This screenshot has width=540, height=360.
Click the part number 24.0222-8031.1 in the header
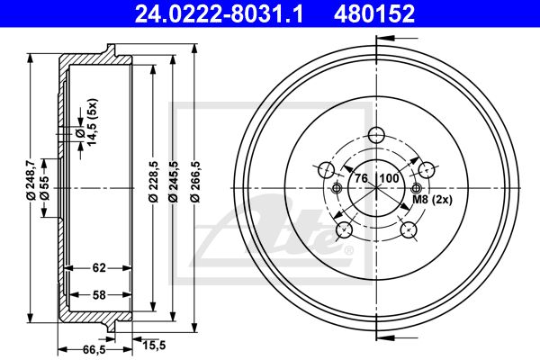tap(219, 13)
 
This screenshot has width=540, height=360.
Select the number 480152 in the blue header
tap(374, 13)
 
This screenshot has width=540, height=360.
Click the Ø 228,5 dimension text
tap(153, 182)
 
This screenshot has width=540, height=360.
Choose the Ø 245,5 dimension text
tap(174, 182)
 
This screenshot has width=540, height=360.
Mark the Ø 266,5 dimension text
tap(194, 182)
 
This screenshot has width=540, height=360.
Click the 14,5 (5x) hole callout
tap(92, 121)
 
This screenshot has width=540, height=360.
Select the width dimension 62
tap(99, 267)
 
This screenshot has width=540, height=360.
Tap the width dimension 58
tap(99, 295)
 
